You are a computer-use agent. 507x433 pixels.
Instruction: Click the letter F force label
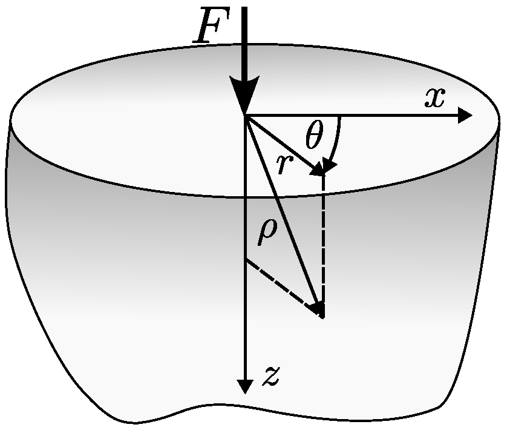pos(209,28)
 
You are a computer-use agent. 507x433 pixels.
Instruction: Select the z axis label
pos(270,377)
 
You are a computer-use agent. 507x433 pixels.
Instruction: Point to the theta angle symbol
pos(314,137)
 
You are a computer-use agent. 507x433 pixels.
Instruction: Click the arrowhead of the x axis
pos(465,115)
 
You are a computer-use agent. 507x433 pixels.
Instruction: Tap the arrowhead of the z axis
pos(244,386)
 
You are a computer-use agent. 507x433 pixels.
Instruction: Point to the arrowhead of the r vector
pos(317,169)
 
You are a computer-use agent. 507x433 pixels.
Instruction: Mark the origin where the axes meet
pos(244,115)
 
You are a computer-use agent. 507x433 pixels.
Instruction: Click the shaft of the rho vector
pos(281,212)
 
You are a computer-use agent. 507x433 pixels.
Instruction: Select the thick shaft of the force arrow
pos(244,42)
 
